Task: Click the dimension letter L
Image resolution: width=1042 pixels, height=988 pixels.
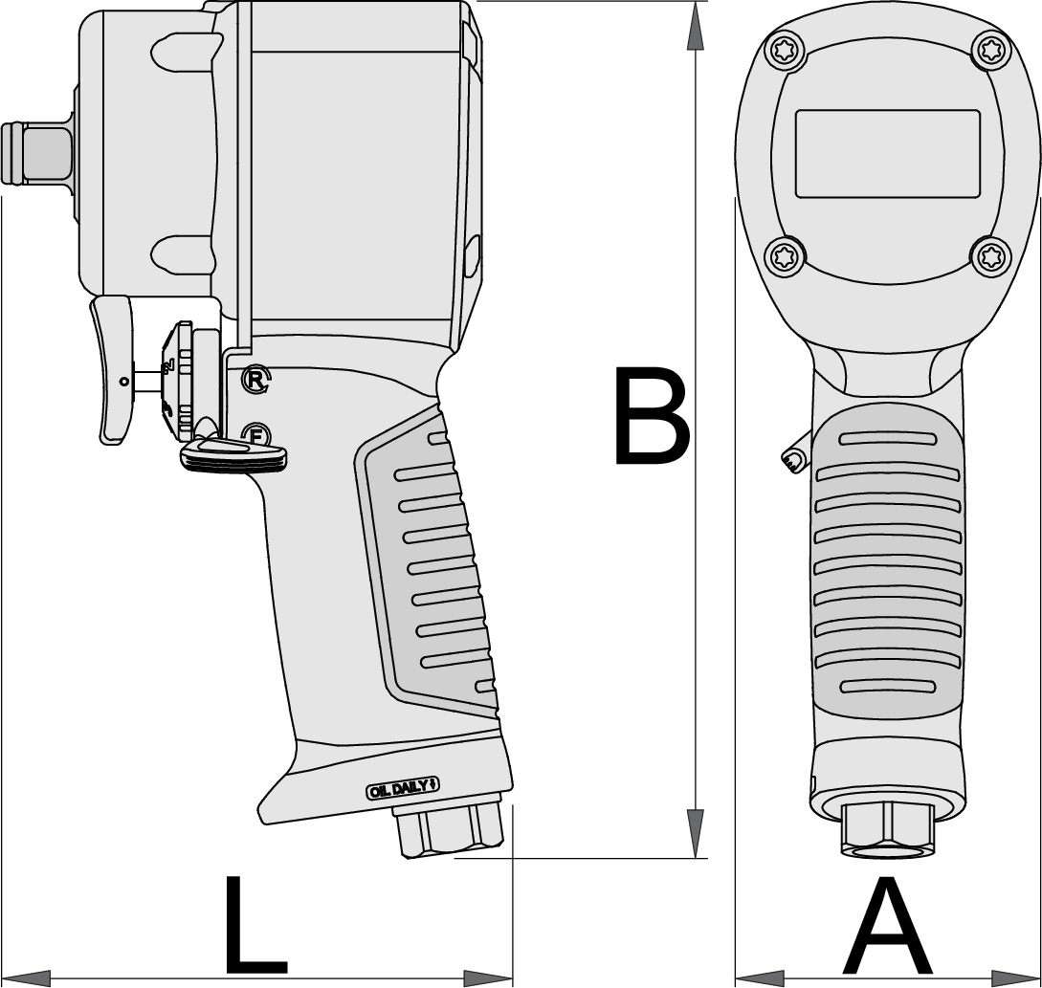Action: point(255,926)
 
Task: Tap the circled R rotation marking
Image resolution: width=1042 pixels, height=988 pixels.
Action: point(256,380)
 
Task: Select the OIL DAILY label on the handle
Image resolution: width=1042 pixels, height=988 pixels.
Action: point(403,789)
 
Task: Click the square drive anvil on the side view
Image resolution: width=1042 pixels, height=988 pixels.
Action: point(37,152)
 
